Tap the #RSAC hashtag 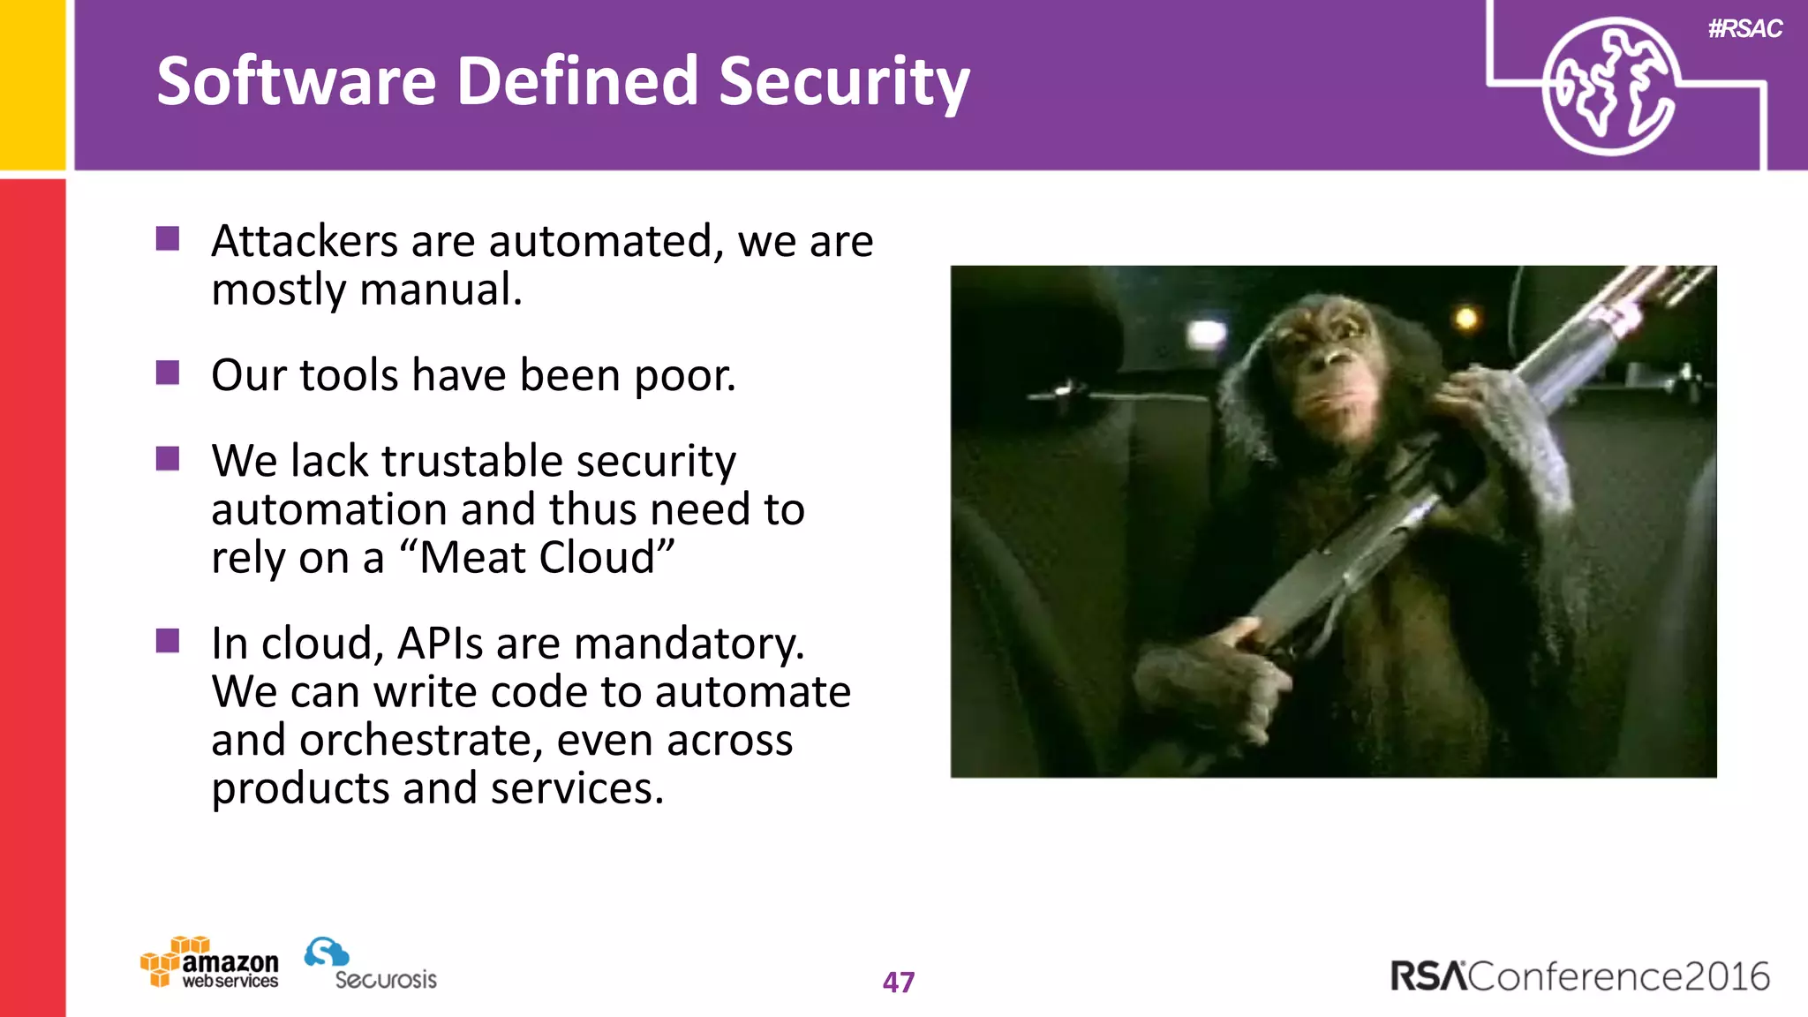coord(1744,29)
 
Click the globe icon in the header coord(1608,87)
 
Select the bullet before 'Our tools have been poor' coord(168,373)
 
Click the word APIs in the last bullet coord(440,643)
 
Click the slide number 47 coord(899,982)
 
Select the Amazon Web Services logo coord(210,963)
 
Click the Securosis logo coord(371,964)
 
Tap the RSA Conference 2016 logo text coord(1579,976)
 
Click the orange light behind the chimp coord(1466,318)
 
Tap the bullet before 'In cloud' coord(168,641)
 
